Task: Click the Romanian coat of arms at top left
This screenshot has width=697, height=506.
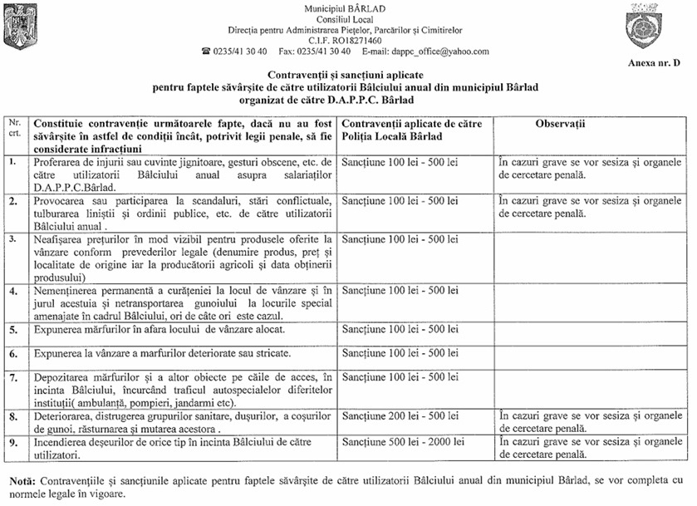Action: click(x=20, y=27)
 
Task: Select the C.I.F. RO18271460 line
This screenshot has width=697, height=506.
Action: click(x=345, y=40)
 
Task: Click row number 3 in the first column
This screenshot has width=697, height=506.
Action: click(x=12, y=240)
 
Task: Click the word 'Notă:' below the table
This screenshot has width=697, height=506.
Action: click(x=23, y=481)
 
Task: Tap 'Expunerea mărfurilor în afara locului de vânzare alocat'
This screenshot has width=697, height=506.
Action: click(x=163, y=330)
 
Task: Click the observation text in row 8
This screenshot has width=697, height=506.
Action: click(x=590, y=420)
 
